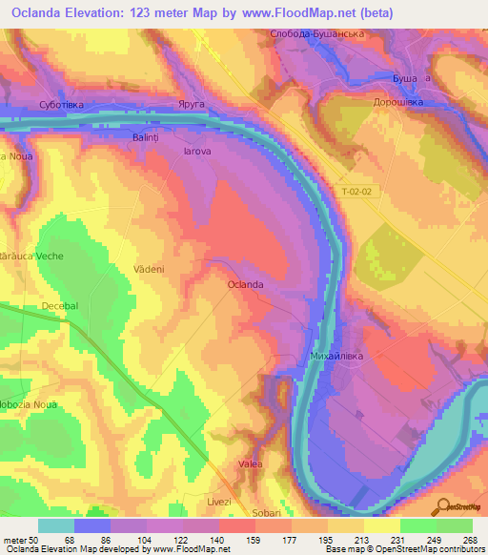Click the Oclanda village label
(245, 285)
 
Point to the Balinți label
(146, 137)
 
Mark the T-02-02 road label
(357, 193)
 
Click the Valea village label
(251, 463)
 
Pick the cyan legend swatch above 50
(56, 525)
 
